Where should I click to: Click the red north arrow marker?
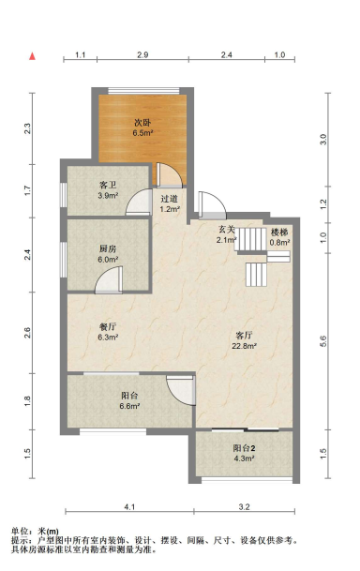point(33,56)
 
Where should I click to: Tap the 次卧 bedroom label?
point(142,123)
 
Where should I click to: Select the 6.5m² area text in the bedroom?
point(142,133)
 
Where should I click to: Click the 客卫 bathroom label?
point(108,186)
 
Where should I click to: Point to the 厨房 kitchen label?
point(108,249)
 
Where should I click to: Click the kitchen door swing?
point(109,280)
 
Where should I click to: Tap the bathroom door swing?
point(139,202)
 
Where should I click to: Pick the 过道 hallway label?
point(170,199)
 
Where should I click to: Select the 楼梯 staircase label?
point(279,233)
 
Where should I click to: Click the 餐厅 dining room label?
point(108,326)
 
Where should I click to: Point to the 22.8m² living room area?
point(245,346)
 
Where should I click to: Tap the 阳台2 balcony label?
point(245,448)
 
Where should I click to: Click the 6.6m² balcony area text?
point(130,406)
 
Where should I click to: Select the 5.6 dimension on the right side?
point(323,341)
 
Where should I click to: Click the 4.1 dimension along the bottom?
point(130,506)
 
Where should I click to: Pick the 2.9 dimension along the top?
point(142,55)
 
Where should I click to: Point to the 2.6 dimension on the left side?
point(27,333)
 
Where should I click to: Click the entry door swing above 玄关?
point(212,205)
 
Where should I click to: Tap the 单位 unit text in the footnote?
point(20,532)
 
